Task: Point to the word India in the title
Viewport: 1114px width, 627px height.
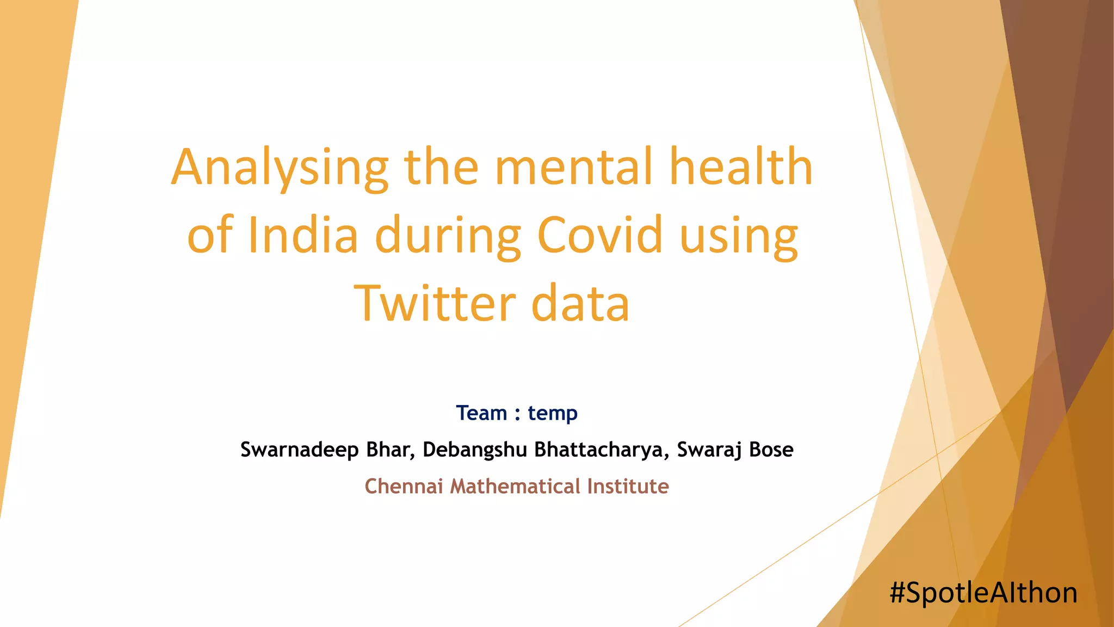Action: [x=303, y=235]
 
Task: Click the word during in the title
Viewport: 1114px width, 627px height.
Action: [x=448, y=236]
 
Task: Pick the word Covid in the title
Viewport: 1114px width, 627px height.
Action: [x=600, y=235]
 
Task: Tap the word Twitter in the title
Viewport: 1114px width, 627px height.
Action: [x=435, y=303]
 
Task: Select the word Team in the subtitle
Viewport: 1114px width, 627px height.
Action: [x=481, y=413]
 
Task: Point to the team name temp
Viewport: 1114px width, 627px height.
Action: [x=553, y=414]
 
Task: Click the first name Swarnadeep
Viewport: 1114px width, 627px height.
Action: [x=299, y=450]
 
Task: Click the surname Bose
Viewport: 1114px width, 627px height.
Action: [x=771, y=450]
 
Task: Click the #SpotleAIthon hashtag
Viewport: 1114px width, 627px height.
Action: [x=983, y=593]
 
